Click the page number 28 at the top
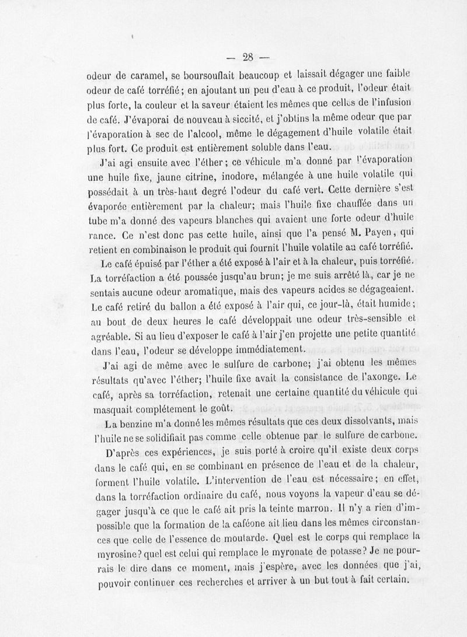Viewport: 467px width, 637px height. [x=247, y=57]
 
